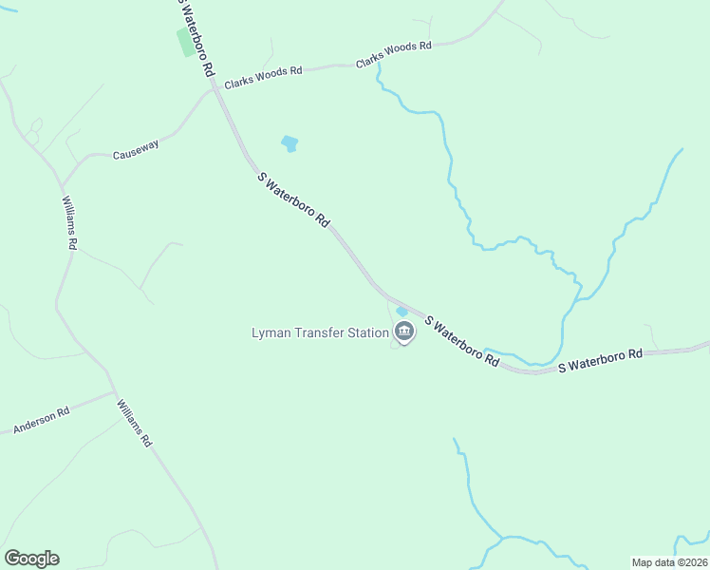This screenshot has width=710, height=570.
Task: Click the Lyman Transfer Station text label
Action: coord(320,332)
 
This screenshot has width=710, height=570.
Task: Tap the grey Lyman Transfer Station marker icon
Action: coord(404,332)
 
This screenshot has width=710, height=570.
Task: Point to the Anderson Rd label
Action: coord(42,422)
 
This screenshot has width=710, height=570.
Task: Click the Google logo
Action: coord(31,559)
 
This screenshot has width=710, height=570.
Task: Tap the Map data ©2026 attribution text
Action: coord(668,562)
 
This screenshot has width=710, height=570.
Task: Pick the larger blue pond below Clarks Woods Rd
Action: coord(290,144)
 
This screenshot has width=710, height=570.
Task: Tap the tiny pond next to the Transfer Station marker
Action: coord(402,311)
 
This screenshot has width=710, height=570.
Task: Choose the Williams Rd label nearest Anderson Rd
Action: coord(134,424)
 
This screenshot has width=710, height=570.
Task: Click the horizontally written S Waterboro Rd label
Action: coord(600,360)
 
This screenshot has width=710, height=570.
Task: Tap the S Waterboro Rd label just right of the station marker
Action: coord(461,342)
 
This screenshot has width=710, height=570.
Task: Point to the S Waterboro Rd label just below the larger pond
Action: coord(293,199)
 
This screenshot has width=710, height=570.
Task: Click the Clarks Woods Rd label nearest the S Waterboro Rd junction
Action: coord(263,77)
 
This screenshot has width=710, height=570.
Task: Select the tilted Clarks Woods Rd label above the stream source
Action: coord(393,53)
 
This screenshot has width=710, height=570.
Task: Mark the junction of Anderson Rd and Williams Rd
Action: coord(114,390)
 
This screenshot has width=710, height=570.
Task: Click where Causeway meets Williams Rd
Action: coord(62,184)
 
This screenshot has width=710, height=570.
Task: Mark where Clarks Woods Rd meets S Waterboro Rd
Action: coord(216,88)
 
